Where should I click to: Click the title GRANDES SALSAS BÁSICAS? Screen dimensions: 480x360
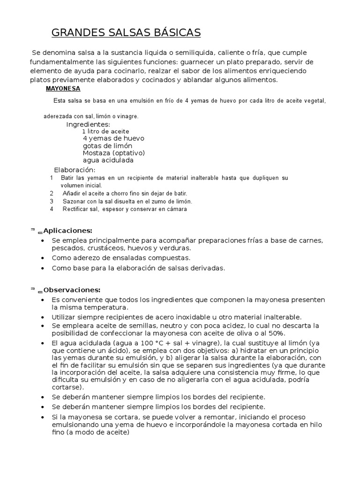click(x=126, y=32)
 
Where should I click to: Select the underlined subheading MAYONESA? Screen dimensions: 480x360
click(x=63, y=88)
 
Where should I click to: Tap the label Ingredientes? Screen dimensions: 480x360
click(x=88, y=124)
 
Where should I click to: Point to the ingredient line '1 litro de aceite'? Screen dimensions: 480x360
click(x=105, y=131)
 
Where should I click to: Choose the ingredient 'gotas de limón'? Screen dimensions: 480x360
click(x=107, y=146)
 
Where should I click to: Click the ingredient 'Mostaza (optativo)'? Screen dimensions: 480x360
click(x=113, y=153)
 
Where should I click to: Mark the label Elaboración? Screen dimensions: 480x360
click(x=75, y=170)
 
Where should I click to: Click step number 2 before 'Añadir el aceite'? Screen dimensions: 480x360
click(x=52, y=194)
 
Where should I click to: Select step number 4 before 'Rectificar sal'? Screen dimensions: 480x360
click(x=52, y=209)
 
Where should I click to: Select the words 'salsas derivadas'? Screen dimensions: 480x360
click(x=198, y=268)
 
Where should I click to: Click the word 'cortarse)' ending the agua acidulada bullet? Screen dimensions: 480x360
click(x=67, y=387)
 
